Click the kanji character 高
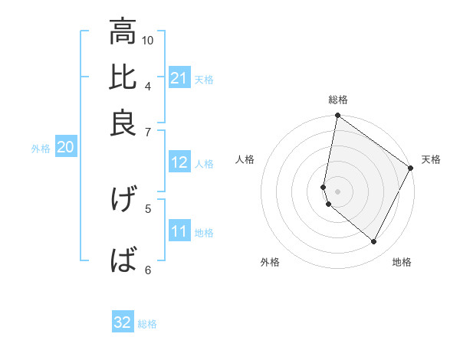[123, 32]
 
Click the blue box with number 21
[179, 78]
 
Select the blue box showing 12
[179, 162]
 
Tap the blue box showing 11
[179, 231]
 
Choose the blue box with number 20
[65, 148]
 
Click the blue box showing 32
[123, 322]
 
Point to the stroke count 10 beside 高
[148, 40]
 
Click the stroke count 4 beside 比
[148, 85]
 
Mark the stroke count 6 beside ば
[148, 269]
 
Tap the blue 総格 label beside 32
[147, 323]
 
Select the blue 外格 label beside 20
[41, 149]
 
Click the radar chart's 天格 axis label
[431, 159]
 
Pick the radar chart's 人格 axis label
[245, 159]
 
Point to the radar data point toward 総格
[337, 116]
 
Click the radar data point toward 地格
[374, 242]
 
